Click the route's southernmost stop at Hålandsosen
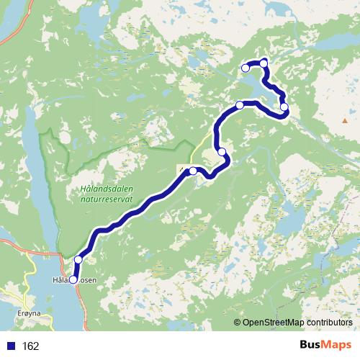[73, 279]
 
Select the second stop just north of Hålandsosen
[78, 260]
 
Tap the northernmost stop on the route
[264, 64]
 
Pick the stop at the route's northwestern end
[246, 68]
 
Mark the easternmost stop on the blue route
[284, 108]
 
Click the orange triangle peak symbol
[345, 120]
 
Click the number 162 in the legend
[30, 346]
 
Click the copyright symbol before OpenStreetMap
[238, 323]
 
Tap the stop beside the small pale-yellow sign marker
[193, 171]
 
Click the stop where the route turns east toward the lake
[240, 105]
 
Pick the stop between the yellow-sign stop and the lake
[222, 151]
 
